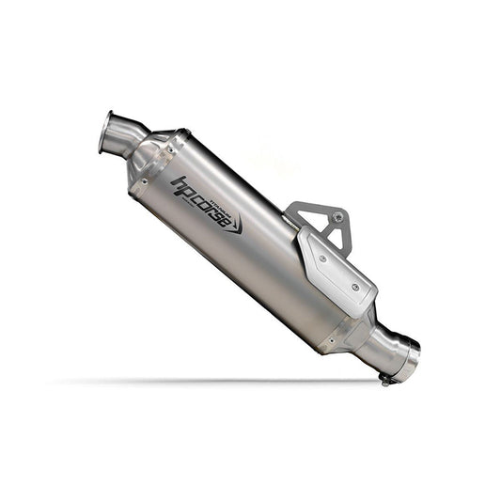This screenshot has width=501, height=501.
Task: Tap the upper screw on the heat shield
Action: (322, 257)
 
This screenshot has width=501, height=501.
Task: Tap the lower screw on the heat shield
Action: (354, 287)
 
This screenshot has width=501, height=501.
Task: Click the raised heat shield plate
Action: (337, 273)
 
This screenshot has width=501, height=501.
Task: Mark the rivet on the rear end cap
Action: (330, 342)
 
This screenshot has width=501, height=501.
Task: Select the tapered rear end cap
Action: (357, 329)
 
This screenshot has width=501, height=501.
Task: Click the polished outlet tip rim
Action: (410, 362)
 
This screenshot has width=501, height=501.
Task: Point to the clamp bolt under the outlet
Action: (385, 380)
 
